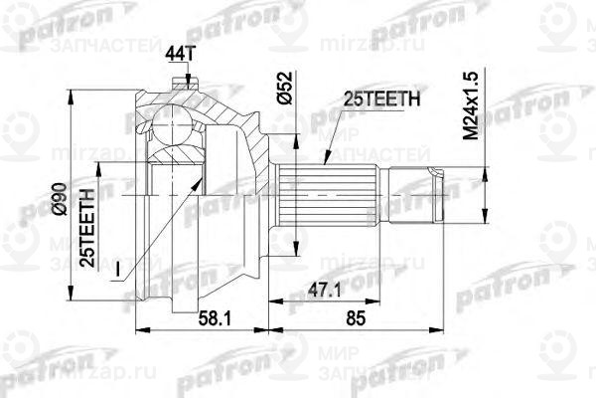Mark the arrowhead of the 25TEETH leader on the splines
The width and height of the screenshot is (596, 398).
[326, 160]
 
